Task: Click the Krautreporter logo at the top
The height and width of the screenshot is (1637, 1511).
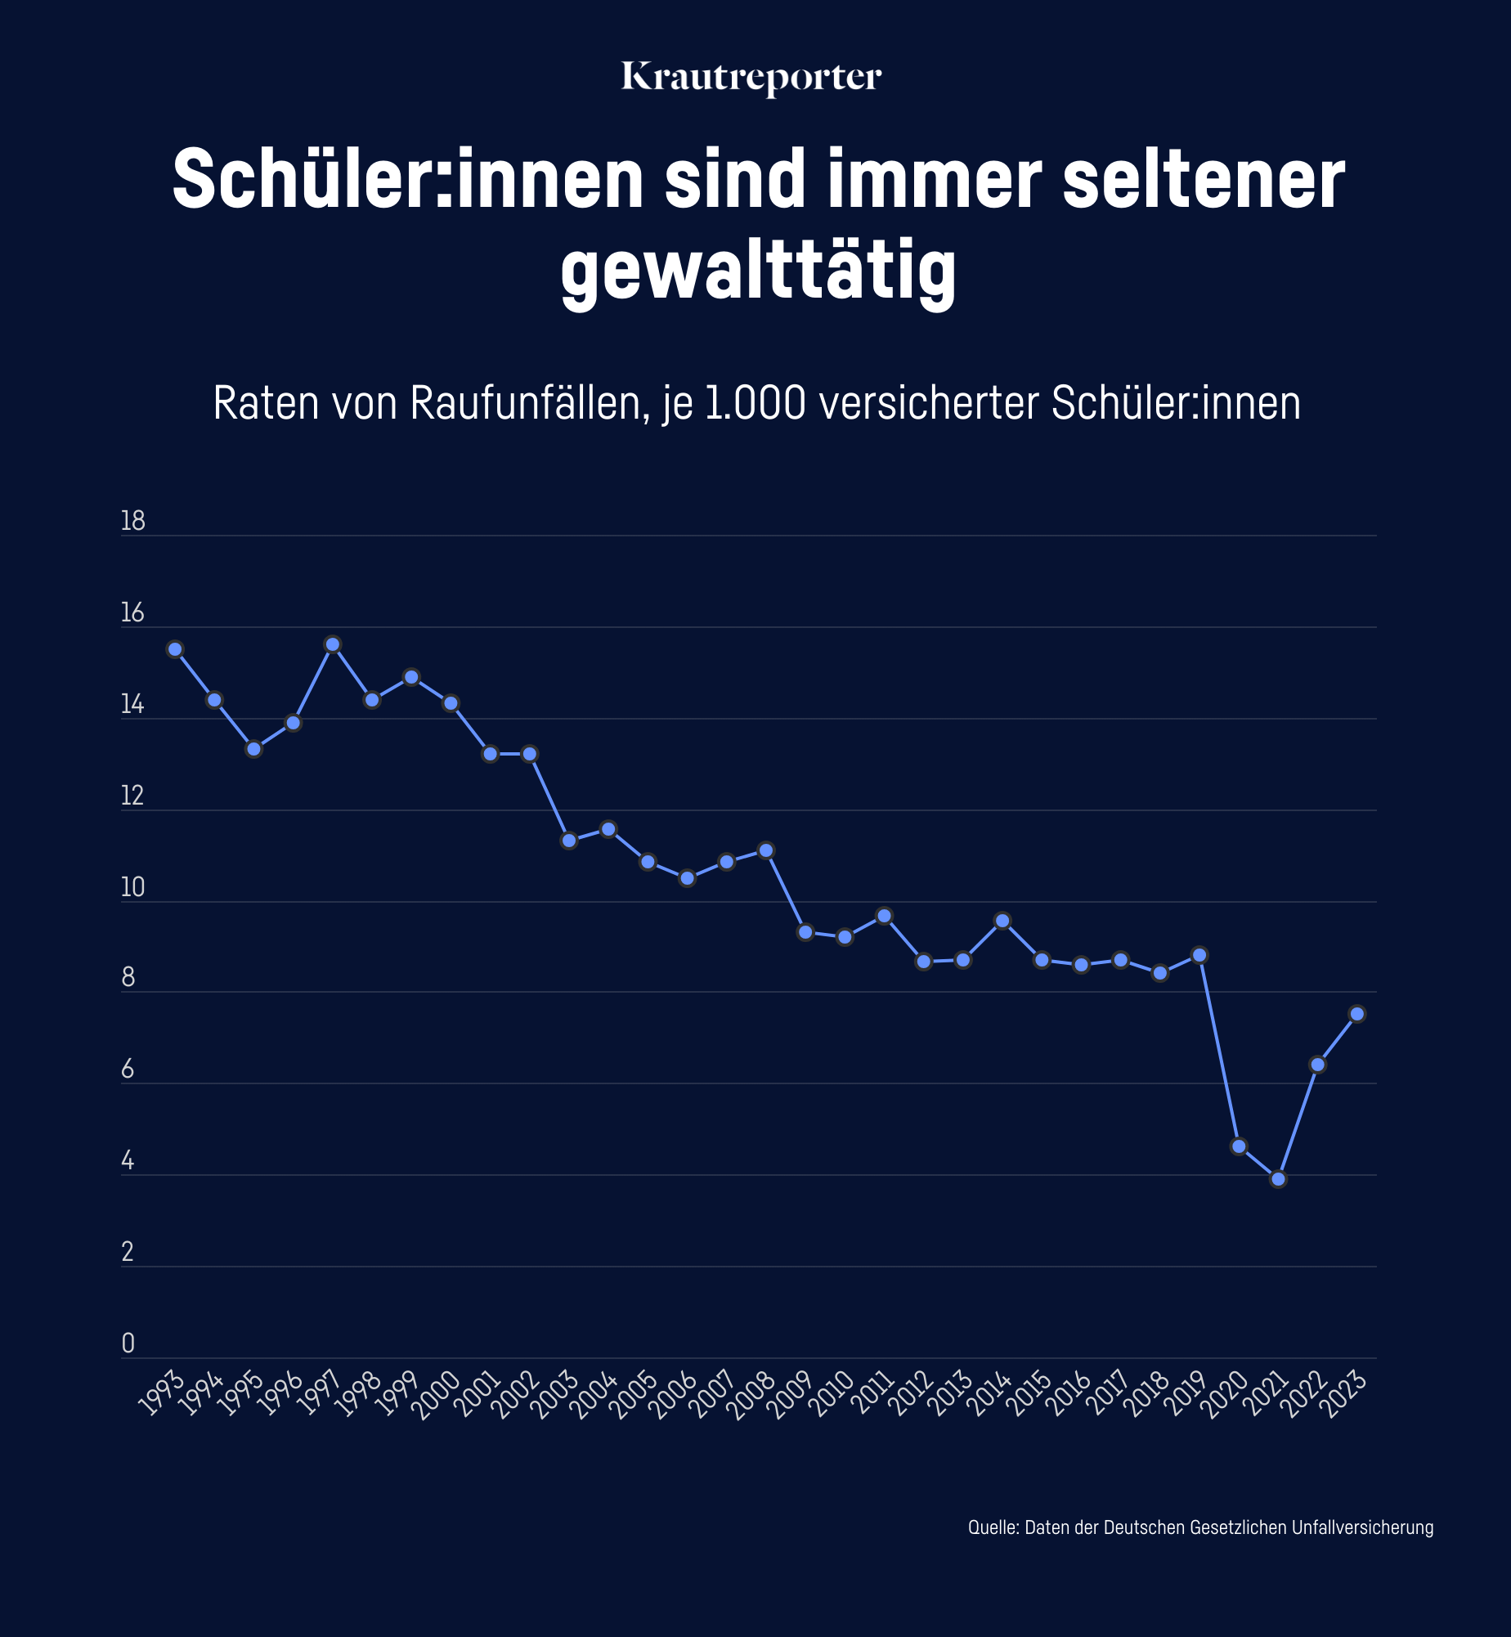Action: click(x=751, y=78)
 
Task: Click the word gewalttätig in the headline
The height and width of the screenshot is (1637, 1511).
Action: click(x=758, y=270)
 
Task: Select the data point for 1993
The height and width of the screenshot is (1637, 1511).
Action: click(x=175, y=649)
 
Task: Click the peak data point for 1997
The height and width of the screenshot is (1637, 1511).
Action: click(x=333, y=644)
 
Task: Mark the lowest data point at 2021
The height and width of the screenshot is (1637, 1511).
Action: click(x=1279, y=1179)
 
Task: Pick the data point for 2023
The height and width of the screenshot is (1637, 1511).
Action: click(x=1357, y=1014)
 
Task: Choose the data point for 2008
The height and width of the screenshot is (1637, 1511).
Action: click(x=766, y=850)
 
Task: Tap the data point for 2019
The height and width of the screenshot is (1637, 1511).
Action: click(x=1199, y=955)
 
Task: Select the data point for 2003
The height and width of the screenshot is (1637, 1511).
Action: click(x=569, y=841)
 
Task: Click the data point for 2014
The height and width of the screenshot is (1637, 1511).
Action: click(x=1002, y=921)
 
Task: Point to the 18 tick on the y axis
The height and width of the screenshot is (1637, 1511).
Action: click(x=132, y=521)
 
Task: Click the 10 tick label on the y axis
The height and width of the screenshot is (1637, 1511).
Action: click(x=132, y=887)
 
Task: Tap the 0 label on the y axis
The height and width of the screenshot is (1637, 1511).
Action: click(x=128, y=1343)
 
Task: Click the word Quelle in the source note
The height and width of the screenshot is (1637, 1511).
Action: click(x=991, y=1527)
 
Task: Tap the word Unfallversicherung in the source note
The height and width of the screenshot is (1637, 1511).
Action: click(x=1362, y=1527)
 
